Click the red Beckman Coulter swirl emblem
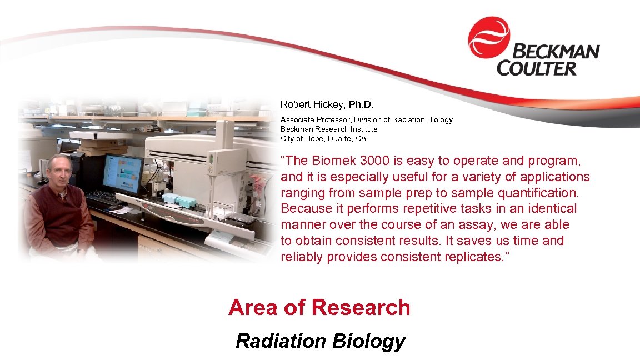(488, 37)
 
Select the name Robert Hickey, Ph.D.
(319, 104)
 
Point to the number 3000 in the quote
(376, 161)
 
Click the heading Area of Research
(319, 307)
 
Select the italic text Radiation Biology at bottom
(320, 341)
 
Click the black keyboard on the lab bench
(102, 197)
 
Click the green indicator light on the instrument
(211, 159)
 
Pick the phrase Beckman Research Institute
(329, 129)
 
